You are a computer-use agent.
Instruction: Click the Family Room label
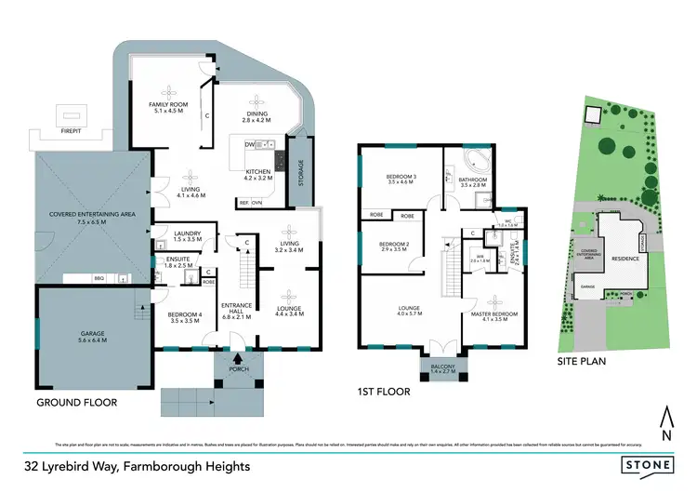tap(169, 106)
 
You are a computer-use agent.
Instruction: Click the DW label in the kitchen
tap(250, 145)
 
